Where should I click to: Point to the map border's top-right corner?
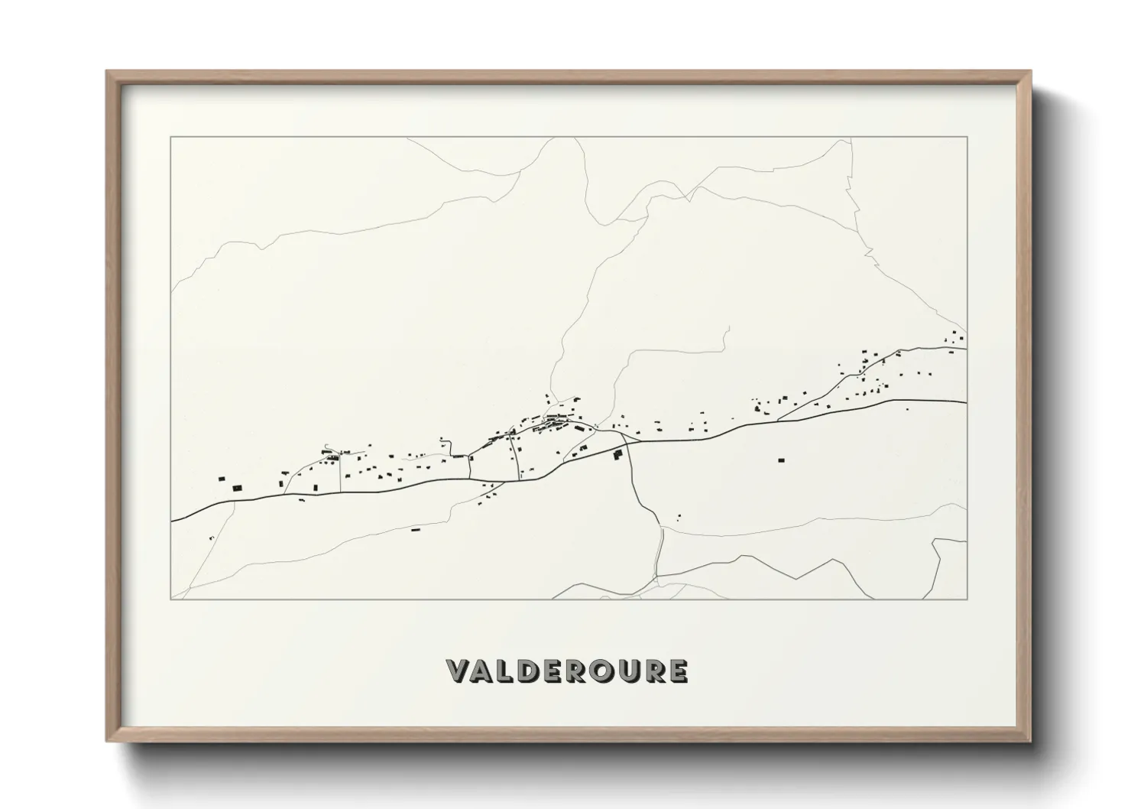967,138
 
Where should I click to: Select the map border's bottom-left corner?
171,599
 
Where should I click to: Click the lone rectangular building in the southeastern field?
781,460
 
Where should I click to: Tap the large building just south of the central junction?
618,454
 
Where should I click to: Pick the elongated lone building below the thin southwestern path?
416,529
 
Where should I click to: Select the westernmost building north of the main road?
222,479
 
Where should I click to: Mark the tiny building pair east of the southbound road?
678,516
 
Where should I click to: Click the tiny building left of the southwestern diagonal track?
211,538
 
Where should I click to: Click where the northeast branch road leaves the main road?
778,420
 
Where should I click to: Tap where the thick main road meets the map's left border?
172,521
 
